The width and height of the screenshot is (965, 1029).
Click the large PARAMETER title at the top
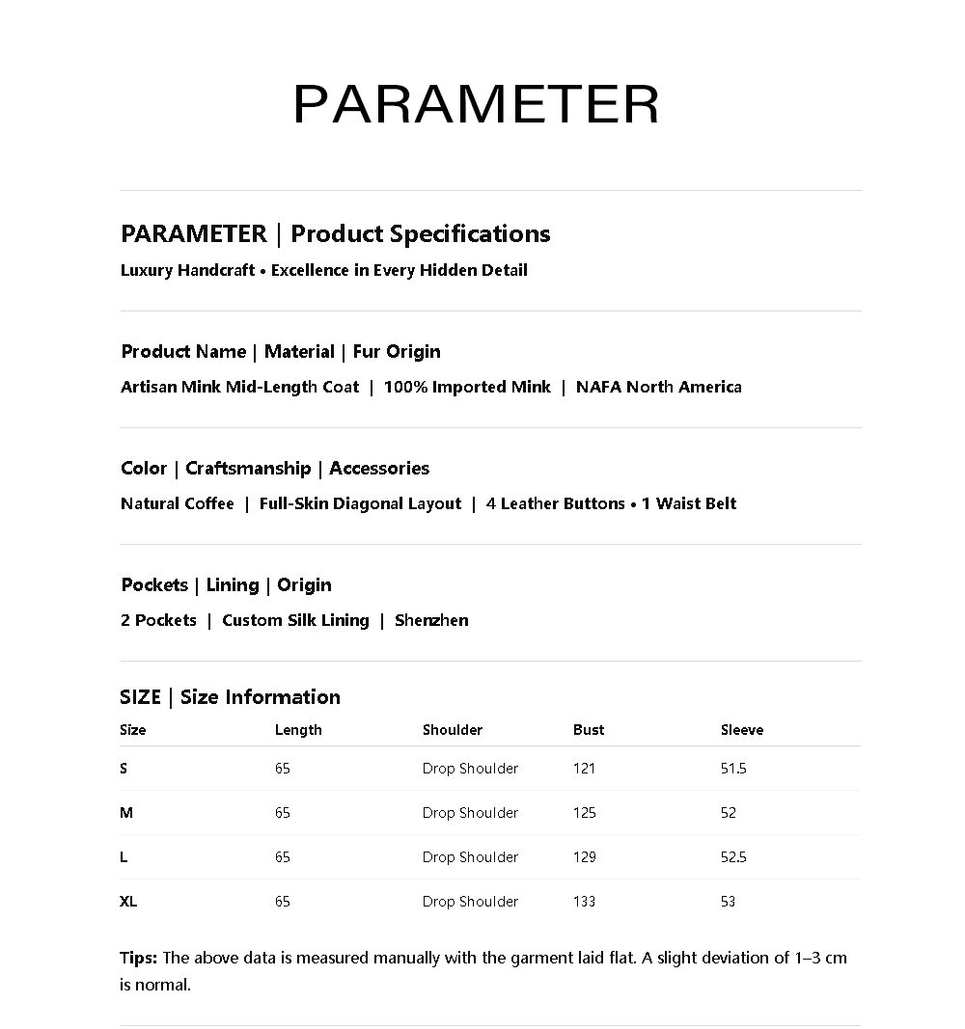[476, 104]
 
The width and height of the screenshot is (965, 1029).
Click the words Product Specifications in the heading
[420, 233]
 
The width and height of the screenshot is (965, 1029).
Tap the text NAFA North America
[659, 387]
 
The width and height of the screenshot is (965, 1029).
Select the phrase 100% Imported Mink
[467, 387]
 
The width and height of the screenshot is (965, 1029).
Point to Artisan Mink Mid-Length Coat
[239, 387]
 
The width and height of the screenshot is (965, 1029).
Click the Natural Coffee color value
[178, 503]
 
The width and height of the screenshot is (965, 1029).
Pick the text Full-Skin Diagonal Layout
[360, 503]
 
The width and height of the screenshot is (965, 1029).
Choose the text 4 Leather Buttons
[555, 503]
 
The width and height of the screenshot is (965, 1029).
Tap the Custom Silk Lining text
[295, 620]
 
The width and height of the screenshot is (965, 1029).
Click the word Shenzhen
[431, 620]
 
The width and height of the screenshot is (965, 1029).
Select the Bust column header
[589, 730]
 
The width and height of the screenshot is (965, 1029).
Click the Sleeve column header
[741, 730]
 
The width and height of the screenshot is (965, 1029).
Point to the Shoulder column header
[452, 730]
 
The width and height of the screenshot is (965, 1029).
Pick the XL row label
[128, 902]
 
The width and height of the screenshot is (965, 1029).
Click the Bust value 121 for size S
[584, 769]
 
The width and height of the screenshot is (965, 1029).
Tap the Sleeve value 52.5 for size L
[733, 857]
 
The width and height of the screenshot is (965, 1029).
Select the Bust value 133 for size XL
[584, 902]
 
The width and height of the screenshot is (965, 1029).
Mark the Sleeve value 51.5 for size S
[733, 769]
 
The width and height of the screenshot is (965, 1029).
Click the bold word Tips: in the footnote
[139, 958]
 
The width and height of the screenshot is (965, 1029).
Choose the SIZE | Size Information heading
[230, 696]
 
